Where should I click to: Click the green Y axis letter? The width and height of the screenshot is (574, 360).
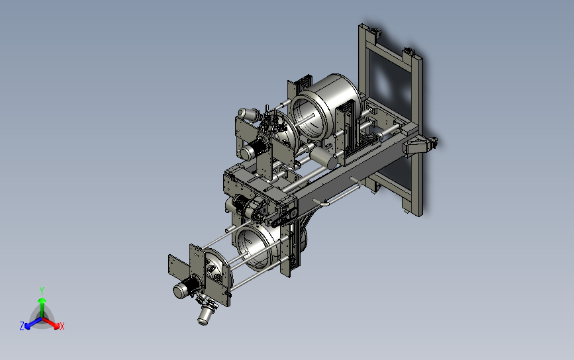click(42, 291)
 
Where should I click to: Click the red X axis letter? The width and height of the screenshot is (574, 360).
click(62, 326)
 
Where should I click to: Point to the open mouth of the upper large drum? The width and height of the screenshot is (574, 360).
click(308, 117)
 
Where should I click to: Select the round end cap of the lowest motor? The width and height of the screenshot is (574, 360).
click(179, 291)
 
